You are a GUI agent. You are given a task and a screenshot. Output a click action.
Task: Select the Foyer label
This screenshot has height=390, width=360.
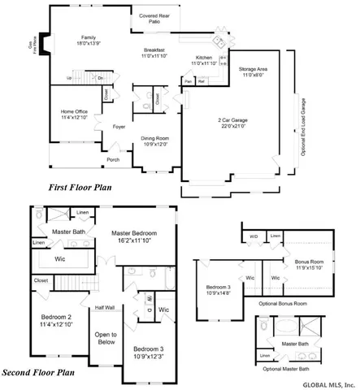click(119, 126)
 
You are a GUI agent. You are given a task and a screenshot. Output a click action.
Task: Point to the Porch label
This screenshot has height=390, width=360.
click(113, 160)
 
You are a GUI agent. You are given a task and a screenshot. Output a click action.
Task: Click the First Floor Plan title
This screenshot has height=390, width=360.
click(79, 188)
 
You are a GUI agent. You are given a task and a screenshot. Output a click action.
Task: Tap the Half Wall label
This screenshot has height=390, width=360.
click(104, 308)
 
